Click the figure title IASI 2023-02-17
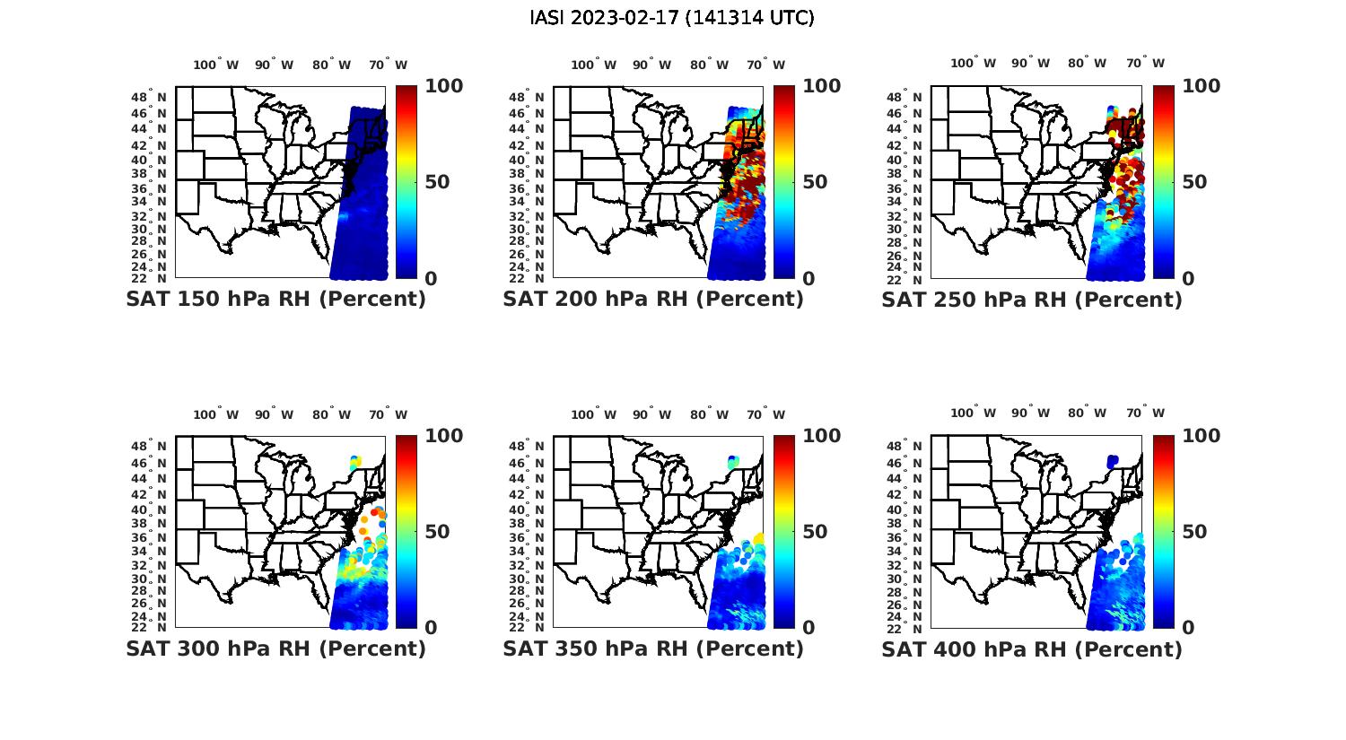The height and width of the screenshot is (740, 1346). pyautogui.click(x=672, y=18)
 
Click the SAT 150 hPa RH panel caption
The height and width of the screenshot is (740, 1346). pyautogui.click(x=275, y=300)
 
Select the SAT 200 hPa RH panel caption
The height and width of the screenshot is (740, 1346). pyautogui.click(x=653, y=300)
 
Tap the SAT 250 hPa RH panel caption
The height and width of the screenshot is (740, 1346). pyautogui.click(x=1032, y=300)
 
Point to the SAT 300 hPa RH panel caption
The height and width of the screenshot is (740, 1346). pyautogui.click(x=275, y=649)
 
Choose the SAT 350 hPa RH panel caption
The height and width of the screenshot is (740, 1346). pyautogui.click(x=653, y=649)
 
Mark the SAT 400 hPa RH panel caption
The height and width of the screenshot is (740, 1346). pyautogui.click(x=1032, y=649)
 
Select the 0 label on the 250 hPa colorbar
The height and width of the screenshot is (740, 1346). pyautogui.click(x=1188, y=279)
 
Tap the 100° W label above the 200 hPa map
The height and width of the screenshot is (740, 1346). pyautogui.click(x=593, y=65)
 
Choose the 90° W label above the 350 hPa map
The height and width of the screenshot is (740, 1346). pyautogui.click(x=651, y=414)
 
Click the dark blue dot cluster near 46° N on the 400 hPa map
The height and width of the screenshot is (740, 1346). pyautogui.click(x=1113, y=461)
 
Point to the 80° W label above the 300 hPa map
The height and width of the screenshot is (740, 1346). pyautogui.click(x=332, y=414)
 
